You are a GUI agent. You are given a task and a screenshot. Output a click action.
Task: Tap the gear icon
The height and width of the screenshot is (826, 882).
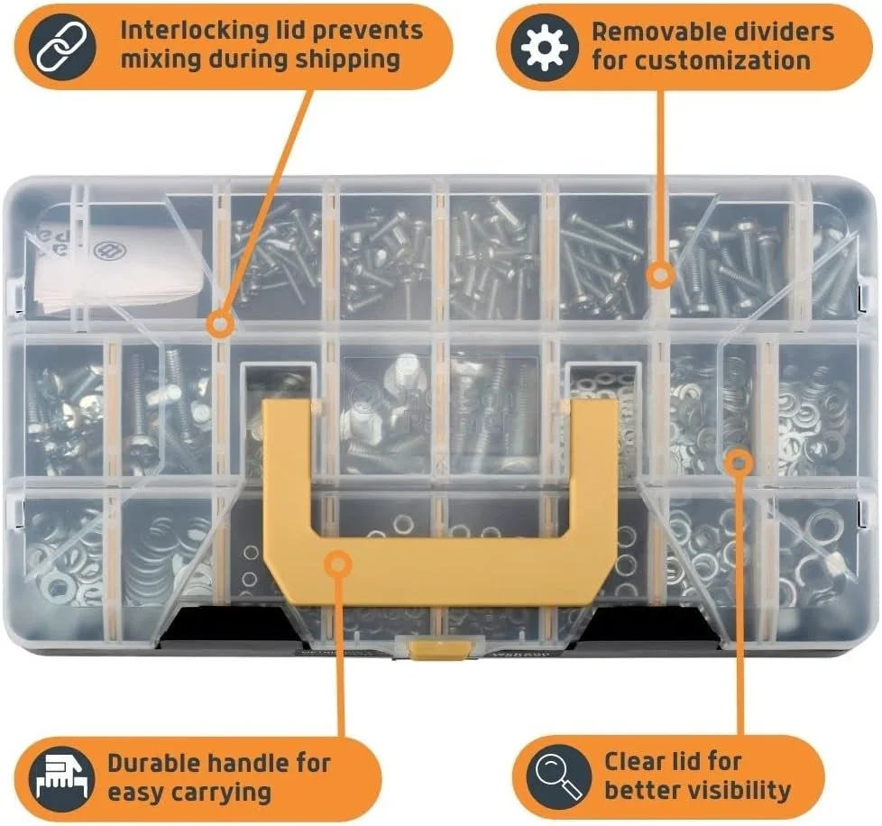point(544,47)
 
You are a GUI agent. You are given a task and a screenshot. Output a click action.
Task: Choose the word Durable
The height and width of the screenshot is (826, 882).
point(154,763)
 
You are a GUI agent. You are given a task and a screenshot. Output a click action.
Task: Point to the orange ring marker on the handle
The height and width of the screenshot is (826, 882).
point(337,564)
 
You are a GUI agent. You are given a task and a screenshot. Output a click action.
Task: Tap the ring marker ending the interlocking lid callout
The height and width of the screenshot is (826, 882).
point(219,323)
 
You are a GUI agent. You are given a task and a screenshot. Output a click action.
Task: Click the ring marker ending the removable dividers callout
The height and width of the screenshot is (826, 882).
point(660,275)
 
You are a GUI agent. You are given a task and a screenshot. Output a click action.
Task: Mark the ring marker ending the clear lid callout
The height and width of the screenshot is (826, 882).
point(739,463)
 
